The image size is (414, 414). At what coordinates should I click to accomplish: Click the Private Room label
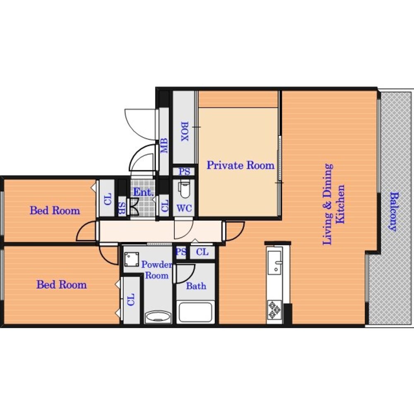(x=241, y=165)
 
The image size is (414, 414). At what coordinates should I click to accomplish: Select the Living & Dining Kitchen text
(x=334, y=204)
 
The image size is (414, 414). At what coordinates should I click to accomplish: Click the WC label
(x=184, y=208)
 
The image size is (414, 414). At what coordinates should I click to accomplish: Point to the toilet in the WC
(x=184, y=189)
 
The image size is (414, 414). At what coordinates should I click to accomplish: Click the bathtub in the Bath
(x=196, y=312)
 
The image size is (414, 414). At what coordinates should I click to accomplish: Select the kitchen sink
(x=274, y=262)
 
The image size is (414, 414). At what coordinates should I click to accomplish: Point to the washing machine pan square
(x=132, y=259)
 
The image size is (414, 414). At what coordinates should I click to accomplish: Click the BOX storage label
(x=185, y=131)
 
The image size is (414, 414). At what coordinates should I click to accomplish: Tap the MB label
(x=164, y=145)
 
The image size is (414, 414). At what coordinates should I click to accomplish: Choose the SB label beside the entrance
(x=122, y=209)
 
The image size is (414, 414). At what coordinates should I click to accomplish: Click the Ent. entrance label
(x=143, y=192)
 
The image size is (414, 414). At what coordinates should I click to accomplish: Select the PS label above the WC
(x=184, y=172)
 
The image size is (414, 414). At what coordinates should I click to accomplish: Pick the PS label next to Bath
(x=181, y=252)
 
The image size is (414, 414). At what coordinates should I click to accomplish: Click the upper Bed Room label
(x=55, y=211)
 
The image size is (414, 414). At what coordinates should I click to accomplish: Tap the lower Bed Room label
(x=62, y=285)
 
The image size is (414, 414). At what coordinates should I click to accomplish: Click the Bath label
(x=196, y=286)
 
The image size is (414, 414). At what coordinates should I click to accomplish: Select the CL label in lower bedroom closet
(x=131, y=299)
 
